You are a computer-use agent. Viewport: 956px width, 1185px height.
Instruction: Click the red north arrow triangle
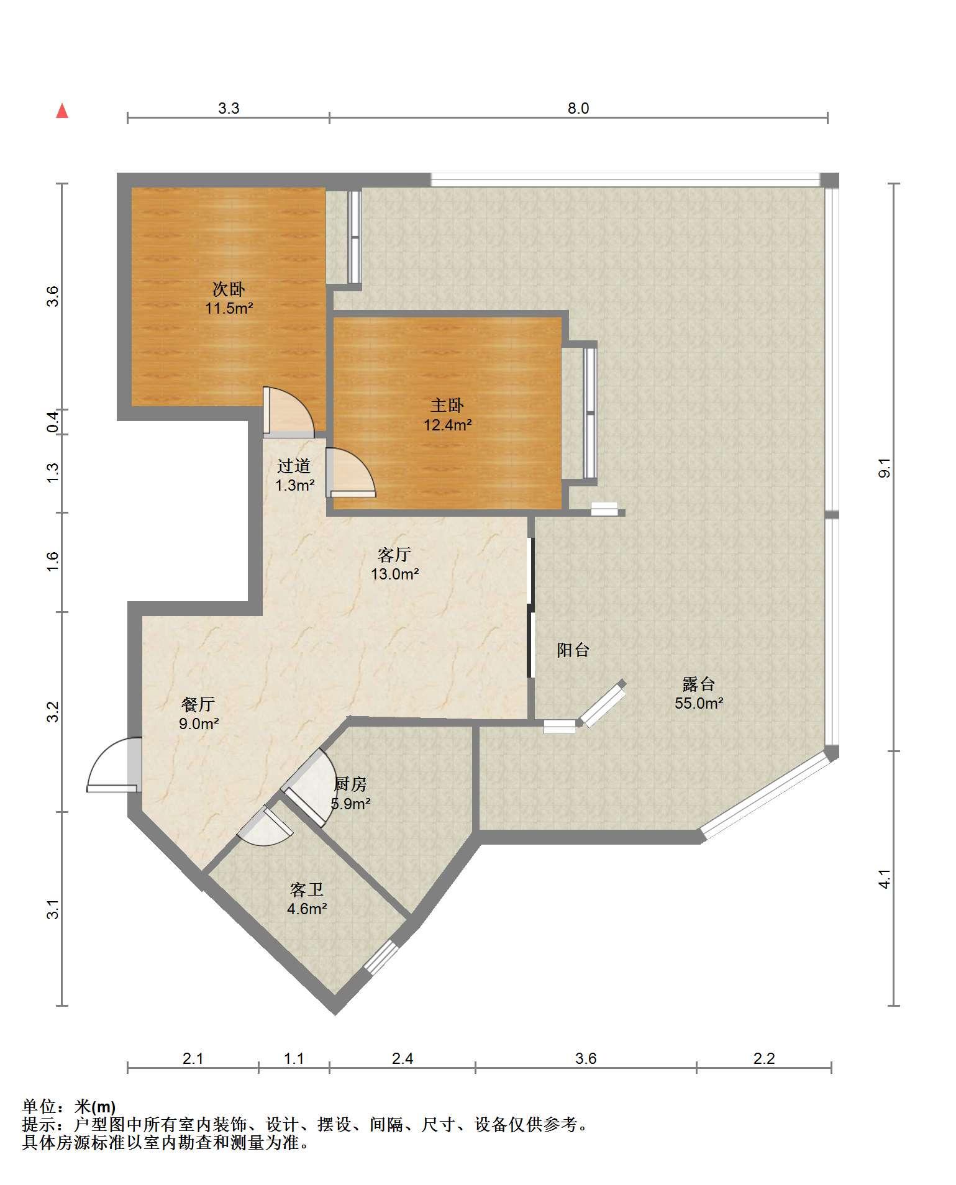click(x=61, y=111)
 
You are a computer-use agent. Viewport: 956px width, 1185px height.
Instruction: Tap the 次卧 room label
click(x=229, y=289)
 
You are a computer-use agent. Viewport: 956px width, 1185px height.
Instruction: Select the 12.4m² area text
click(x=447, y=425)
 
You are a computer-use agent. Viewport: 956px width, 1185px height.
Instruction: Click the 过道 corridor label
click(x=294, y=466)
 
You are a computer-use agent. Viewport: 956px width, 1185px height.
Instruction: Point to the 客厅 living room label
click(x=394, y=554)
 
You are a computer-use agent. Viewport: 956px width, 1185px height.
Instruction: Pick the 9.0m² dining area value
click(x=199, y=724)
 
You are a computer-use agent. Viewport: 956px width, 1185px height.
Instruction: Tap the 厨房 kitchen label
click(x=351, y=784)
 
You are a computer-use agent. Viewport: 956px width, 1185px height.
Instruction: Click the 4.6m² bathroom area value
click(x=307, y=909)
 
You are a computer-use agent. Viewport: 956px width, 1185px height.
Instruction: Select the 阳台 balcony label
click(x=573, y=650)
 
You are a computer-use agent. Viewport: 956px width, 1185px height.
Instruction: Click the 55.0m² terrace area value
click(x=699, y=703)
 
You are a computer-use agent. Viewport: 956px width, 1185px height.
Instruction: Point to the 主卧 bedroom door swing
click(x=350, y=472)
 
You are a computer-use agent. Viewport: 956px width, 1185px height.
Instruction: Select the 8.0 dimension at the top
click(x=578, y=109)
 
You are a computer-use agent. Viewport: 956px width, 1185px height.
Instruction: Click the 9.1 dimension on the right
click(x=885, y=467)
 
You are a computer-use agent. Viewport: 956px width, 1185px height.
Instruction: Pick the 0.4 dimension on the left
click(x=53, y=422)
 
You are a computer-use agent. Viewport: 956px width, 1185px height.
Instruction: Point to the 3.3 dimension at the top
click(x=229, y=109)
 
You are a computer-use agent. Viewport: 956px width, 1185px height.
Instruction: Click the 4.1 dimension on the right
click(x=885, y=878)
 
